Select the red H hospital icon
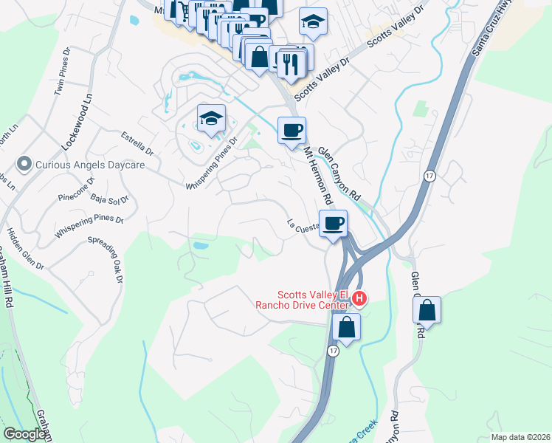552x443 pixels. (359, 298)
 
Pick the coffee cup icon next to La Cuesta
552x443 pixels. (334, 223)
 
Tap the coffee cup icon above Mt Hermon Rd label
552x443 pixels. (291, 131)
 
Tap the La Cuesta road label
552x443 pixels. (302, 225)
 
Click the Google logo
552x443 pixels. (24, 434)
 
